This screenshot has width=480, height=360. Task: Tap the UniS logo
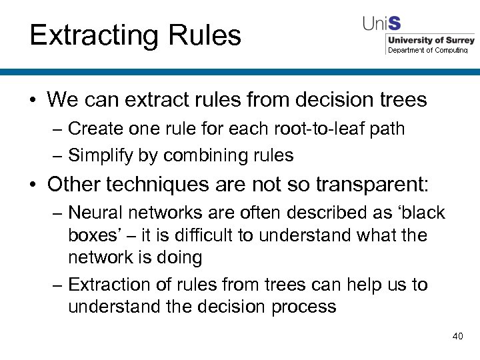[x=381, y=24]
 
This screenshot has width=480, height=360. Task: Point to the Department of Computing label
[x=428, y=50]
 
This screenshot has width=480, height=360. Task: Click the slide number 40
[x=457, y=336]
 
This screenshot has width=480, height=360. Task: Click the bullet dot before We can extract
[x=33, y=101]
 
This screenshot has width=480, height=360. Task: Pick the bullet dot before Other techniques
[x=33, y=184]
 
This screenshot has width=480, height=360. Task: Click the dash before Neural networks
[x=58, y=213]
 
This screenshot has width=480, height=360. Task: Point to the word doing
[x=177, y=257]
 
